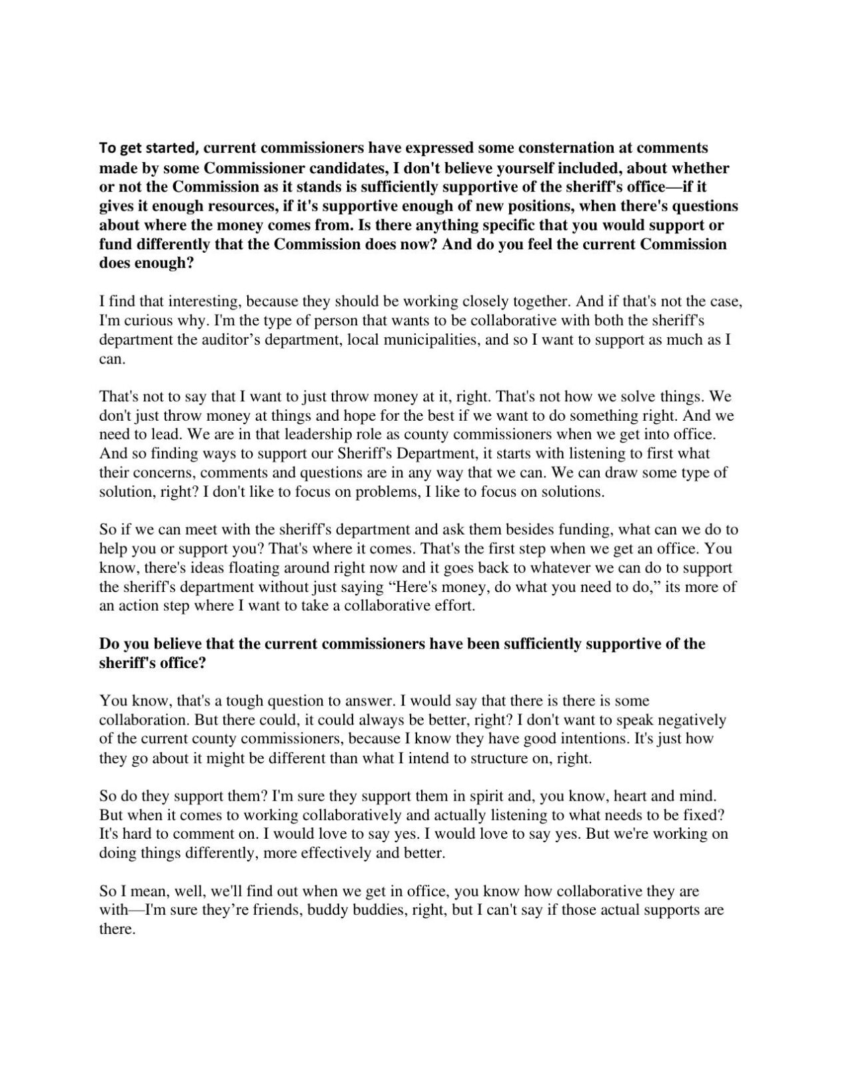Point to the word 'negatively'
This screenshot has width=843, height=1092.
click(x=692, y=720)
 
